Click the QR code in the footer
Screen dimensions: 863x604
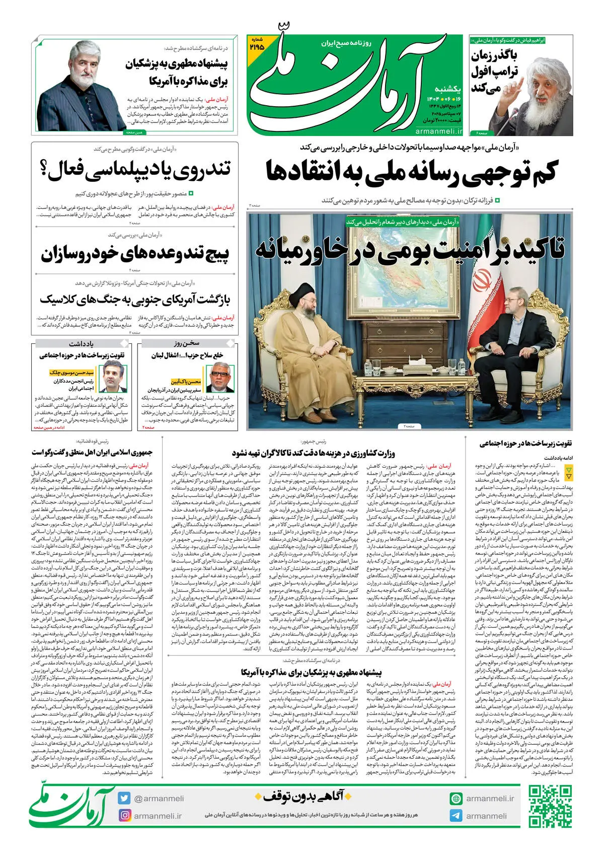point(551,806)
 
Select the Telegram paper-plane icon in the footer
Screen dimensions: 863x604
point(456,816)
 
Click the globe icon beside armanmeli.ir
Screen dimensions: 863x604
point(456,798)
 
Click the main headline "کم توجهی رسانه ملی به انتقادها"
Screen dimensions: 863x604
point(411,171)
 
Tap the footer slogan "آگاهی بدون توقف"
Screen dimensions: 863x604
point(304,796)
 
